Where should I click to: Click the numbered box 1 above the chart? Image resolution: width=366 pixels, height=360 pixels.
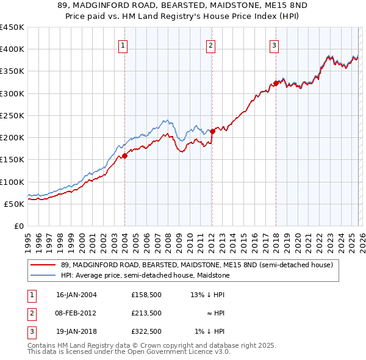(x=123, y=45)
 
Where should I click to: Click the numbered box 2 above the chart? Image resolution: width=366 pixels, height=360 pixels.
(x=210, y=45)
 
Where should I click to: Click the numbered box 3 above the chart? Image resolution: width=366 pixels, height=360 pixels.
(x=274, y=45)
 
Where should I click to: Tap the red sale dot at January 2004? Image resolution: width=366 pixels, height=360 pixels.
(x=124, y=156)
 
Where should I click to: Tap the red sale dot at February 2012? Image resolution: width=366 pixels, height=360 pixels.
(x=212, y=131)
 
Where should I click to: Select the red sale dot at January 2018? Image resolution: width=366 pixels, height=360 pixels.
(x=276, y=83)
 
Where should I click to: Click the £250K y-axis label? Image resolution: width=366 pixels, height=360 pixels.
(x=12, y=115)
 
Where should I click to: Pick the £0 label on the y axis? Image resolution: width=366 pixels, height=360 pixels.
(x=18, y=226)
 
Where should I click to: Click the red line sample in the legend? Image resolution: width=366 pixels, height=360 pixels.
(x=43, y=265)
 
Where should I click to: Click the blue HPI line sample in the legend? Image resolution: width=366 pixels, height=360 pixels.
(x=43, y=275)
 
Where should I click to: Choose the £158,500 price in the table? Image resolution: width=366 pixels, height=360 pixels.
(x=146, y=295)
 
